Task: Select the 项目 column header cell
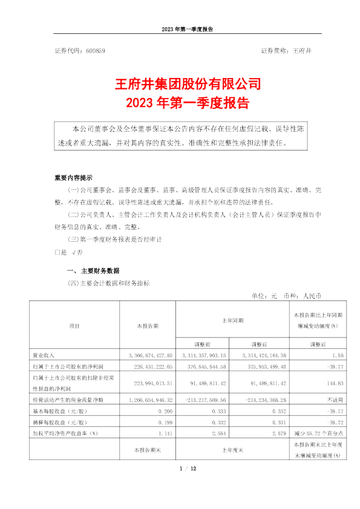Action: (74, 326)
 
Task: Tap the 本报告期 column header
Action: (147, 326)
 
